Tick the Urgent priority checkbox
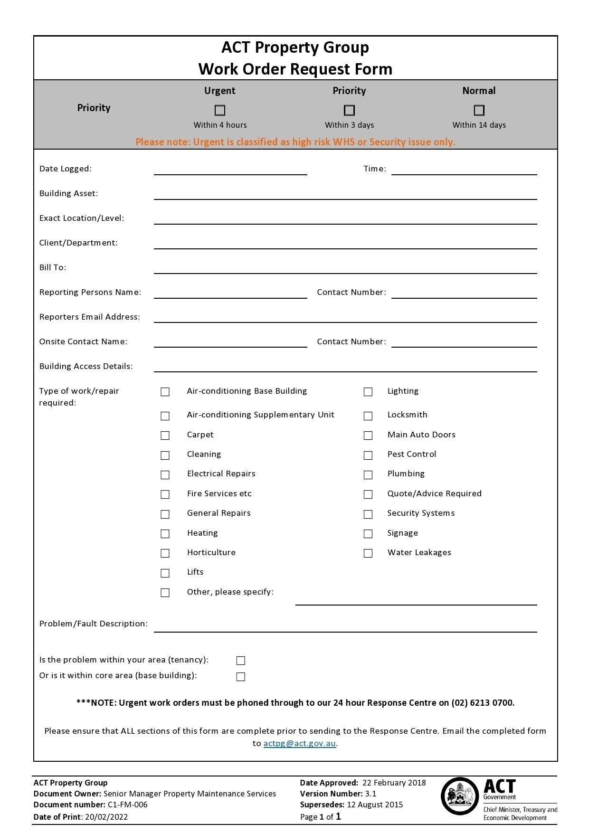(x=220, y=110)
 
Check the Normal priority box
(x=479, y=110)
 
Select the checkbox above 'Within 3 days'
(x=349, y=110)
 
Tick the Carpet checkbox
(x=165, y=435)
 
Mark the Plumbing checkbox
(x=368, y=475)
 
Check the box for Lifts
(x=165, y=573)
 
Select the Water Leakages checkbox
(x=368, y=553)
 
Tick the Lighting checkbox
(x=368, y=392)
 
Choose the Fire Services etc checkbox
(x=165, y=494)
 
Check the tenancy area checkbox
(x=241, y=661)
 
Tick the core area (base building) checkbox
(x=241, y=677)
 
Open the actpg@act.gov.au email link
(x=299, y=744)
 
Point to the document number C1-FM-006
(x=127, y=805)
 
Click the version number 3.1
(x=370, y=794)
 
